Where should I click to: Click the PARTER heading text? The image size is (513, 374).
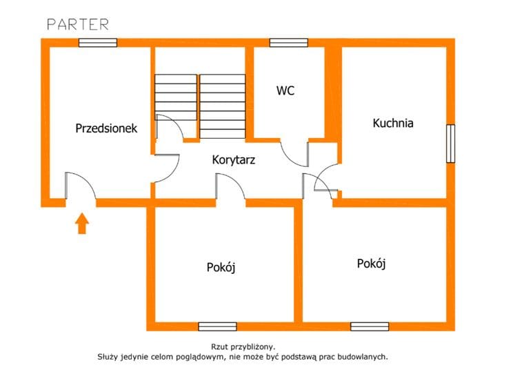(x=78, y=25)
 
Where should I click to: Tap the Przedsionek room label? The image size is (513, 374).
(x=106, y=128)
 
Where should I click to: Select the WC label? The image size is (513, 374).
(x=285, y=90)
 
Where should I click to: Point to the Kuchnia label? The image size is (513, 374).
(x=393, y=123)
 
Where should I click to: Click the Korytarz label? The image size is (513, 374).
(x=234, y=160)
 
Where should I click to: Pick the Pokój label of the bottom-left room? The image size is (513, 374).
(x=221, y=267)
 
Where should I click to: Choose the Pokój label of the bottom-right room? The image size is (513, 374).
(x=372, y=264)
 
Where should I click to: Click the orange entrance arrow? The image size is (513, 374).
(x=82, y=224)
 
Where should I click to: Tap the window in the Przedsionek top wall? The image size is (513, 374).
(x=98, y=43)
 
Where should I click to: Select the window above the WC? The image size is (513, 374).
(x=288, y=43)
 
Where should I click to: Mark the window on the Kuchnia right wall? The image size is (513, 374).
(x=450, y=144)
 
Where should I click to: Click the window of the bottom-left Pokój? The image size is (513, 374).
(x=218, y=326)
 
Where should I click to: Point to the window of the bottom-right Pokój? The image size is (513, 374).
(x=370, y=326)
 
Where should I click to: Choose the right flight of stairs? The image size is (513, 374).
(x=223, y=106)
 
